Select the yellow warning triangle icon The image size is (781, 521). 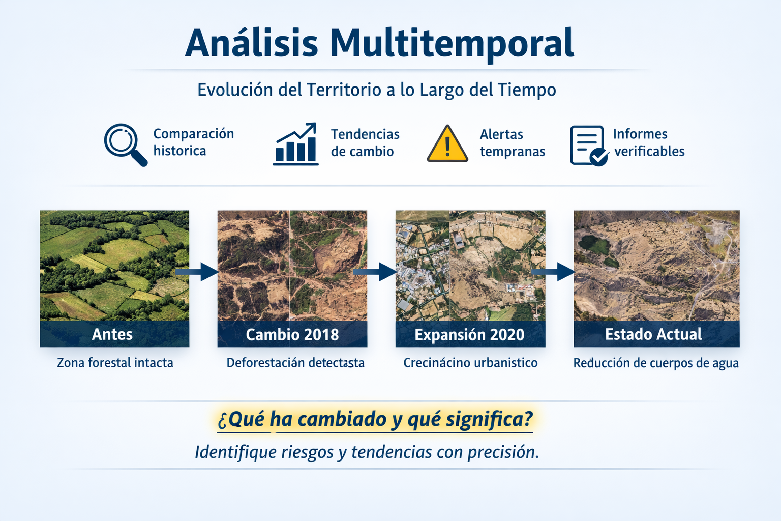(x=447, y=144)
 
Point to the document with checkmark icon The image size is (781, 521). (x=588, y=146)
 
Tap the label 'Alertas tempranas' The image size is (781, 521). (x=512, y=143)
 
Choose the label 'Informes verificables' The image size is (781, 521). (x=649, y=143)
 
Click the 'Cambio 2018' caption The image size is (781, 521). (x=292, y=334)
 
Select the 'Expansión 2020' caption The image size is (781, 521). (x=470, y=334)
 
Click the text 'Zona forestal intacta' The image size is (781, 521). (x=115, y=363)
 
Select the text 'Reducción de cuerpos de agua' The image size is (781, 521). (x=656, y=363)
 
